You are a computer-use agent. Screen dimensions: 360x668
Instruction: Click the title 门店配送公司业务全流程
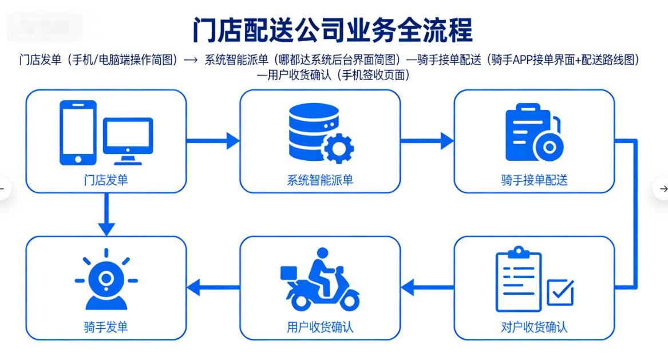point(334,30)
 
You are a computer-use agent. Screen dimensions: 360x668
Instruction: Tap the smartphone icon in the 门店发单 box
point(78,133)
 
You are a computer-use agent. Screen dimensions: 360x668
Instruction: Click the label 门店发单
point(106,181)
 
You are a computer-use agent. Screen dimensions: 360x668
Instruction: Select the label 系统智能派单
point(320,181)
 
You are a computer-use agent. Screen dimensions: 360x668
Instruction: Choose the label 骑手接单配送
point(534,181)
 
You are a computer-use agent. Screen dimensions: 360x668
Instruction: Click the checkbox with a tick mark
point(560,292)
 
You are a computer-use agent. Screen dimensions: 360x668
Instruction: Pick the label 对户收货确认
point(534,328)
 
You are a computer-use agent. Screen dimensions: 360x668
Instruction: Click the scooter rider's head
point(323,253)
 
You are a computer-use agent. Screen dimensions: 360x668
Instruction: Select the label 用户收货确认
point(320,328)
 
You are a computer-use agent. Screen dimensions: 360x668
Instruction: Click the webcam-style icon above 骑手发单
point(106,280)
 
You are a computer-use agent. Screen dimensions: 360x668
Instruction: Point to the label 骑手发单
point(106,328)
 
